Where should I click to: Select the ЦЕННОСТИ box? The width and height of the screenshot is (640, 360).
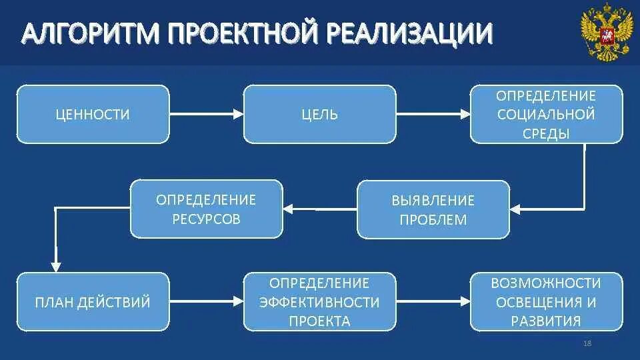[93, 115]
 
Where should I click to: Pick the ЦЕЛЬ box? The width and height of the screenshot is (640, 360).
[319, 115]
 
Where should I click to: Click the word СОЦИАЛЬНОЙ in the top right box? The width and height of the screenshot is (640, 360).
[546, 114]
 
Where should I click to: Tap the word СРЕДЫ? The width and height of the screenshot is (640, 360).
[546, 133]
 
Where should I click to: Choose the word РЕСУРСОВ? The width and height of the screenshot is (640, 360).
[206, 219]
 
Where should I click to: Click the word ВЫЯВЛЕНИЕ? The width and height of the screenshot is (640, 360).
[433, 200]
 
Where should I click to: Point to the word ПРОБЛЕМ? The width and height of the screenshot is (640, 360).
[433, 219]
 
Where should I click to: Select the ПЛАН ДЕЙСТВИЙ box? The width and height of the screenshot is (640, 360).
[93, 303]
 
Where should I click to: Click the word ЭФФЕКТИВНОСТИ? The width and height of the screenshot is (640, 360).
[319, 303]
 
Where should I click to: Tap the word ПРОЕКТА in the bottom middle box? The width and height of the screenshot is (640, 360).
[319, 321]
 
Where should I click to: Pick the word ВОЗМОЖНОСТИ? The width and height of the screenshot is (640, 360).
[546, 283]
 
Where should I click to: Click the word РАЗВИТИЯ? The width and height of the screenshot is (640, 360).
[546, 321]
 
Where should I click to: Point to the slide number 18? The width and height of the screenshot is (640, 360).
[587, 343]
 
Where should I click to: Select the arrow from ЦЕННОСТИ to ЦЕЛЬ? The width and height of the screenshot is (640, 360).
[206, 115]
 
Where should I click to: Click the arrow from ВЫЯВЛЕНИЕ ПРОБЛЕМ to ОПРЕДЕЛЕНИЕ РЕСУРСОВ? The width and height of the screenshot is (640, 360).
[320, 209]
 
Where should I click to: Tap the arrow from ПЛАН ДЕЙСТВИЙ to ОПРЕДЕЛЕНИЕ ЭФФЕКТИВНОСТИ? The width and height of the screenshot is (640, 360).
[206, 303]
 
